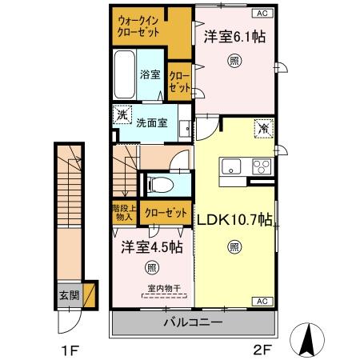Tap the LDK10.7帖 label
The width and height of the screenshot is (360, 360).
tap(233, 218)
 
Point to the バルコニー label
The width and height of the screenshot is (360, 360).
tap(193, 322)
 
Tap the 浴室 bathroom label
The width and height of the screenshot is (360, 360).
tap(150, 74)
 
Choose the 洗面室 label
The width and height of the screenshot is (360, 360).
tap(150, 123)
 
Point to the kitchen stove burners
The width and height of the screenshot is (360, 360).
tap(261, 166)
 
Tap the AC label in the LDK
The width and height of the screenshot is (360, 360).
tap(261, 300)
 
